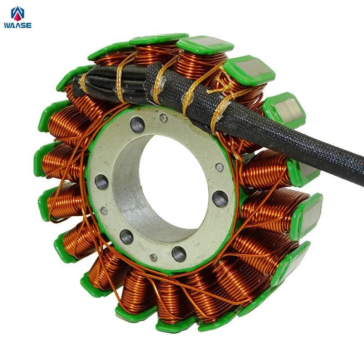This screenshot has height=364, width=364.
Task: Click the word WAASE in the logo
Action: click(18, 25)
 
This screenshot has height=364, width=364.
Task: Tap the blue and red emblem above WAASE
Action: click(18, 14)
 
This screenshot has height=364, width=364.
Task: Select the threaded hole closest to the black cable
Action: click(137, 125)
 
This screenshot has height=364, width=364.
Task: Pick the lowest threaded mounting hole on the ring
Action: click(179, 254)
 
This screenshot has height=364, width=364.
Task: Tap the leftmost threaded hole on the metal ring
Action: click(101, 182)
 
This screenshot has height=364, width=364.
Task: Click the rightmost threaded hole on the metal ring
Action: click(220, 199)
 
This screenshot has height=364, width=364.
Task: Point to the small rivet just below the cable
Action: click(163, 118)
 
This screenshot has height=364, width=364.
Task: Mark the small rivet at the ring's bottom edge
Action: click(153, 257)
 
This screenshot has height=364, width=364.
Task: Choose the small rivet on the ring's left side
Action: click(104, 211)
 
